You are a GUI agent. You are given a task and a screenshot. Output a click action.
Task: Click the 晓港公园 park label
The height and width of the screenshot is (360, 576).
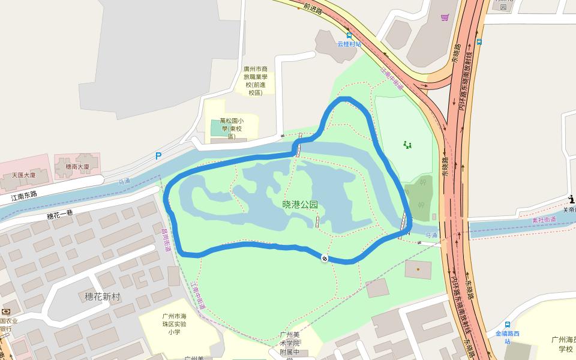300,205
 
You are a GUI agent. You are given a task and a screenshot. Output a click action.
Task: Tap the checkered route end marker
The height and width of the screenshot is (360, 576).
325,259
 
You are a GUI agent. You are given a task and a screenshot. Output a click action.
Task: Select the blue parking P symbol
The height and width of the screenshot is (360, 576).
158,156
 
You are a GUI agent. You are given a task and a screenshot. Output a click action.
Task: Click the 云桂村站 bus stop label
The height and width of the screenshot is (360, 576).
349,44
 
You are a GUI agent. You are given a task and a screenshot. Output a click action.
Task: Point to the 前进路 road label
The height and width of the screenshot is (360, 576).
313,9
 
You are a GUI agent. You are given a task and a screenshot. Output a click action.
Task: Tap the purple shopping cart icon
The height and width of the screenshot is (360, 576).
445,17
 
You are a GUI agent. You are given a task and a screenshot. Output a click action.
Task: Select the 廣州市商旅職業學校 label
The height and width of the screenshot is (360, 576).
255,80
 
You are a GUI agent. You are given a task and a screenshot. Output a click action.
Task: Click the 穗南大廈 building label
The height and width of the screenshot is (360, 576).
77,166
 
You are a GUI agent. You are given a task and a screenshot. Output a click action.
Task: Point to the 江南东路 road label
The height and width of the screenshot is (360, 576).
24,196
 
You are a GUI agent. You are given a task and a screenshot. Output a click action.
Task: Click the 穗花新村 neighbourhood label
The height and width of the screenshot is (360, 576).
103,296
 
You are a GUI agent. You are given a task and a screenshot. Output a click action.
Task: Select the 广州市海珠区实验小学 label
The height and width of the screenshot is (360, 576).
175,324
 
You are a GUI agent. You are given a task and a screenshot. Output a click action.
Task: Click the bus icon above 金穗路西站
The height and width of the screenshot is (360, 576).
508,325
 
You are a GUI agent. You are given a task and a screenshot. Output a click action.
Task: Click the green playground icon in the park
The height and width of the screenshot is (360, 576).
408,144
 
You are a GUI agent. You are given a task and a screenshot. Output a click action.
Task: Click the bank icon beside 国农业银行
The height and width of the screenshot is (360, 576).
6,312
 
